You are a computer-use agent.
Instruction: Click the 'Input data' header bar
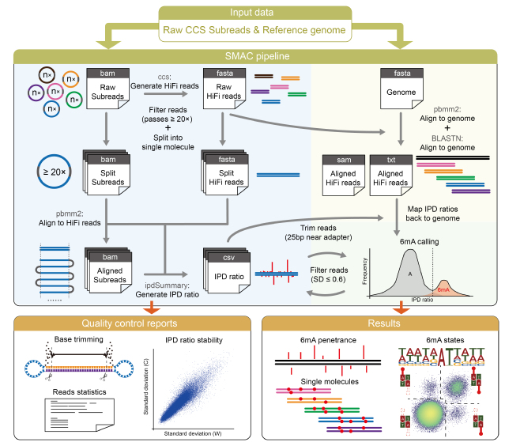(251, 12)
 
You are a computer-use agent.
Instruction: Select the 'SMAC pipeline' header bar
(251, 56)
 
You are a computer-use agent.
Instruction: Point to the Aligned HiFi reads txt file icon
(389, 175)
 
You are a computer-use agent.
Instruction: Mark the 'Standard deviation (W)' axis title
(190, 434)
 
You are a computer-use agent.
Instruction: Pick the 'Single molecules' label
(327, 382)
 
